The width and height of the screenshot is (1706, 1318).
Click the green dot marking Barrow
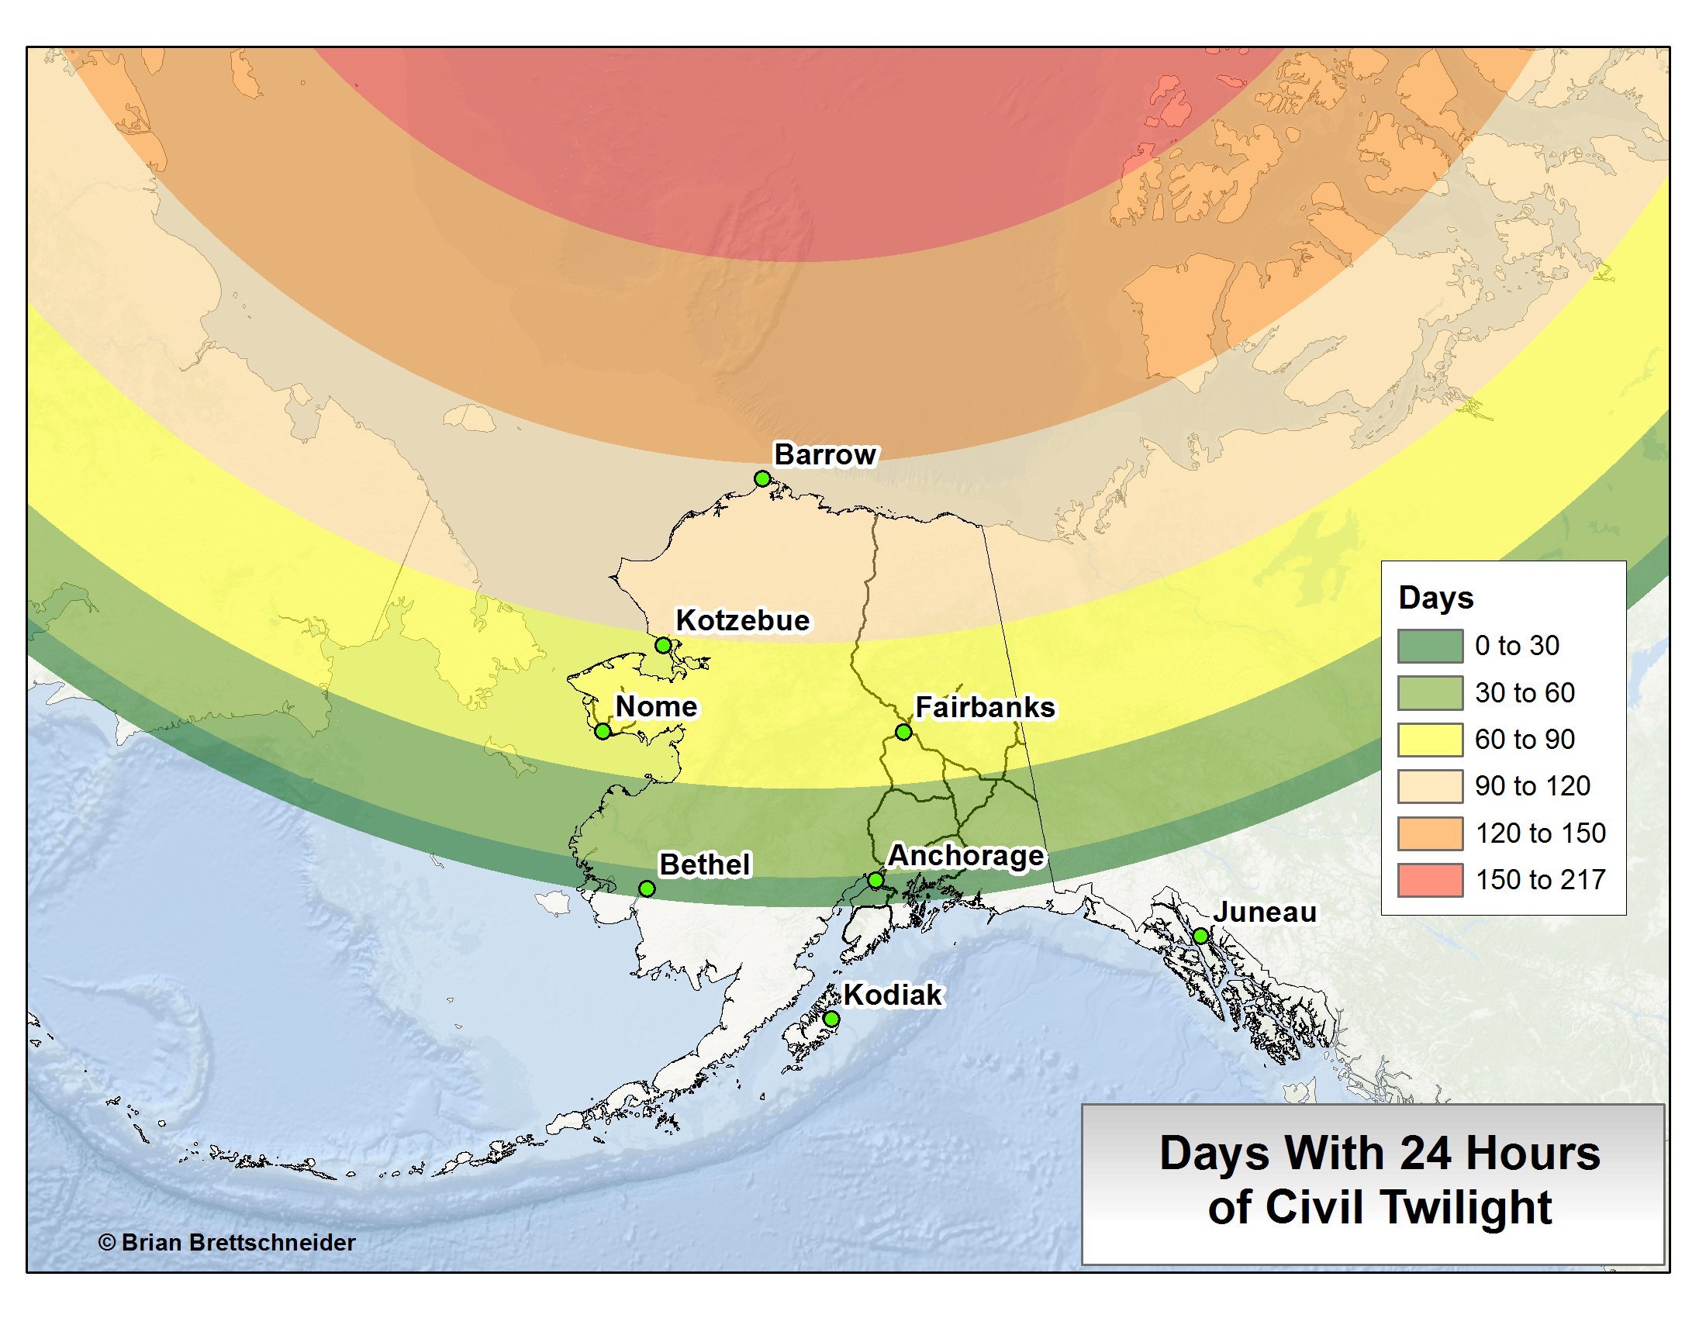[762, 478]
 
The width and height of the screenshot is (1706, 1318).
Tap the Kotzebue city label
[742, 620]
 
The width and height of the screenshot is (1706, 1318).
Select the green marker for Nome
[603, 732]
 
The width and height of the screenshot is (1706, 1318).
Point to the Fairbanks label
[984, 706]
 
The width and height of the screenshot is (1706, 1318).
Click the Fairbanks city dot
[903, 733]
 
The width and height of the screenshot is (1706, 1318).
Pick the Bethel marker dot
[646, 888]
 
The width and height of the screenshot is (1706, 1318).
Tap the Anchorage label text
[965, 856]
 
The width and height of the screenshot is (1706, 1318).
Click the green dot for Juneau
[1200, 937]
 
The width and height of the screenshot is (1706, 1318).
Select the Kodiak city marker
[831, 1019]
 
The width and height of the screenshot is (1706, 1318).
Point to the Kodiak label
[893, 995]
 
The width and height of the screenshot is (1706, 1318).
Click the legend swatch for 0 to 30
[1429, 647]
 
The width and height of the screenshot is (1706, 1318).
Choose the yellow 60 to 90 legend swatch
[1429, 740]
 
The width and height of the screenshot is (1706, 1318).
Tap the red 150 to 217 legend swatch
[1429, 880]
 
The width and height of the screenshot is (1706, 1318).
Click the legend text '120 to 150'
[1539, 833]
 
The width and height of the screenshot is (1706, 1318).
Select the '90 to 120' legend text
[1532, 786]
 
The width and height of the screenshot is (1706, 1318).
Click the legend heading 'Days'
[1435, 598]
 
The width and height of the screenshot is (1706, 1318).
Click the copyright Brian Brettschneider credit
[226, 1242]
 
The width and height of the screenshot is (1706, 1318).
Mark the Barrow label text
[825, 454]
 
